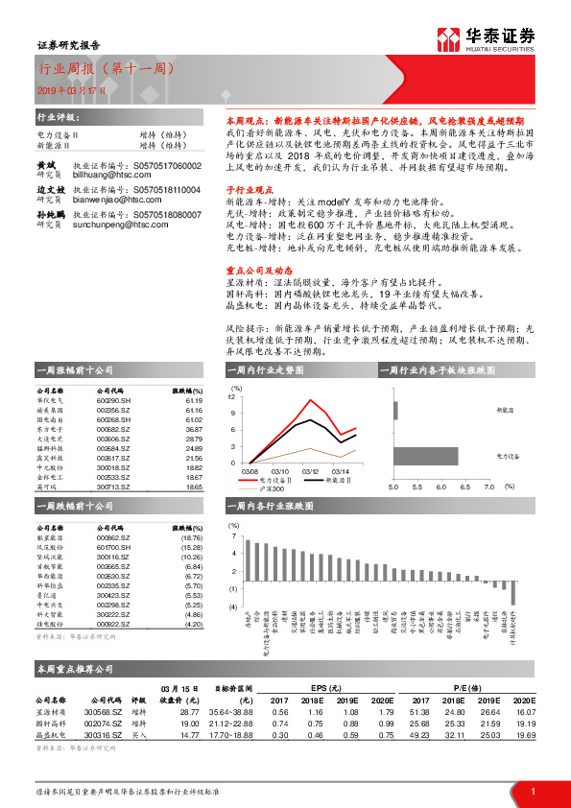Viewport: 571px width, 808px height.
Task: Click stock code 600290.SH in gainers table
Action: point(112,401)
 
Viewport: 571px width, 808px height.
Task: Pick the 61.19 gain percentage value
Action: point(193,401)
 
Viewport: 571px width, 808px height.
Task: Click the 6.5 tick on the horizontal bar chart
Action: point(464,487)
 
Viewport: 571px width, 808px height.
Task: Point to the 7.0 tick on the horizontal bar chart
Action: point(488,487)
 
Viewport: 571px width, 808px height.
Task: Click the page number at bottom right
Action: point(532,791)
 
